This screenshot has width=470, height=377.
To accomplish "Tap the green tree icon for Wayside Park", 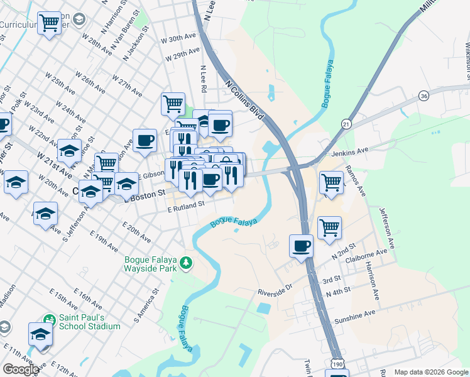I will click(186, 263).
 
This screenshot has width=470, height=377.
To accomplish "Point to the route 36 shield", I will click(425, 96).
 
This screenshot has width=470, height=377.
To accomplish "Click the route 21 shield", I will click(346, 123).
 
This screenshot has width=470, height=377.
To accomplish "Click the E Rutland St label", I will click(187, 205).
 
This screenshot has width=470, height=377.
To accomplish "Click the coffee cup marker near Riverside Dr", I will click(302, 246).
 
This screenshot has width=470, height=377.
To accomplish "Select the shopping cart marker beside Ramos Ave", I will click(331, 183).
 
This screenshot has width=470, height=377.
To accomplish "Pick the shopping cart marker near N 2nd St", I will click(329, 227).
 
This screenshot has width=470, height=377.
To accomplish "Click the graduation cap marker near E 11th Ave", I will click(40, 334).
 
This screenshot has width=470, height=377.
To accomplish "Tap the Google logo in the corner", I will click(21, 369).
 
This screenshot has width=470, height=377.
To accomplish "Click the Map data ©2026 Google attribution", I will click(430, 372).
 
